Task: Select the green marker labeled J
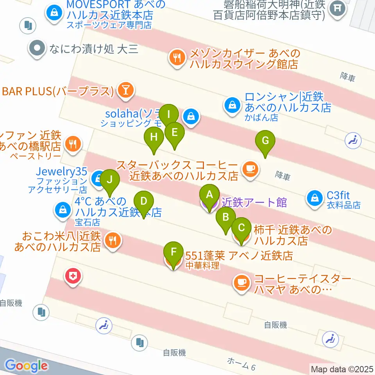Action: point(110,180)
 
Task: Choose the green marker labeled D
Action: point(144,202)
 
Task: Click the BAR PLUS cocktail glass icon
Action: point(126,91)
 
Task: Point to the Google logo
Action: point(26,366)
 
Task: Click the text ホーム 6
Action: point(242,365)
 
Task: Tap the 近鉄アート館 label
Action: point(254,202)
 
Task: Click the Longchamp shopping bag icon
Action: point(232,105)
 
